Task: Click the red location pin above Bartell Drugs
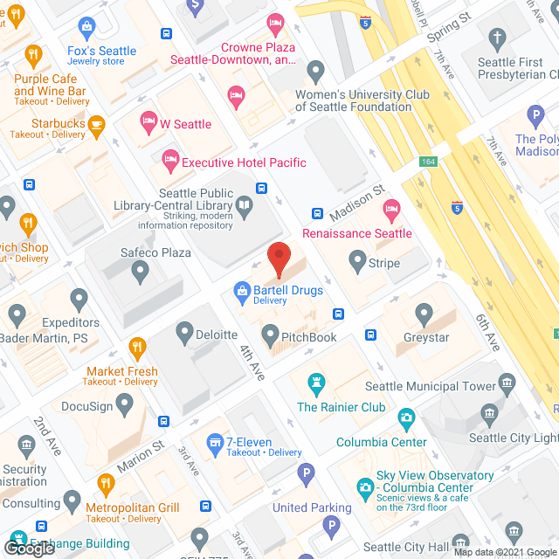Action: (x=279, y=259)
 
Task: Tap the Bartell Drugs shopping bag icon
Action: (x=241, y=292)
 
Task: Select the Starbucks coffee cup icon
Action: (x=97, y=124)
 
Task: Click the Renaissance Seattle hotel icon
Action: (x=392, y=208)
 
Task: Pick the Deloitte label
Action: (x=218, y=335)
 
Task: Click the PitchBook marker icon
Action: (x=269, y=334)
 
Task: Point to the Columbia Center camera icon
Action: (x=405, y=418)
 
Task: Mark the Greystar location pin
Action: (x=424, y=312)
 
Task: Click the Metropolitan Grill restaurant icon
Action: (x=106, y=483)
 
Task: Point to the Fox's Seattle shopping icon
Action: (x=87, y=27)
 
